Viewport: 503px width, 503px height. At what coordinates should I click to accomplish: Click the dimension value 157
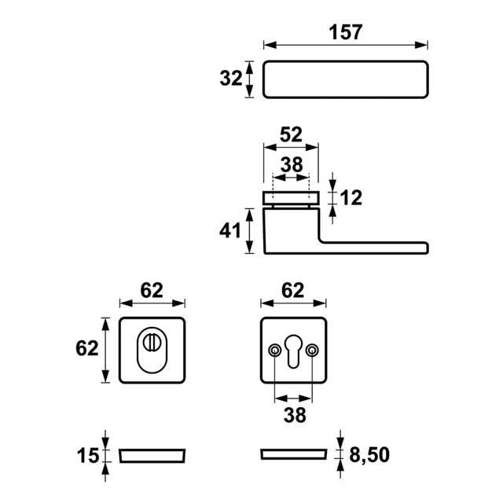coord(346,32)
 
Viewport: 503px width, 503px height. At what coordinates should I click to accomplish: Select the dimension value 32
coord(230,79)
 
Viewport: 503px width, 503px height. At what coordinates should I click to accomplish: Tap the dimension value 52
coord(291,135)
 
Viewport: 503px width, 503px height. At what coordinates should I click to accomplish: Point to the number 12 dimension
coord(351,197)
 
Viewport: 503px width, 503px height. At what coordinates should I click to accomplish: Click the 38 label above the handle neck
coord(291,164)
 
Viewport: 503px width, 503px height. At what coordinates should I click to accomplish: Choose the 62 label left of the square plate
coord(88,348)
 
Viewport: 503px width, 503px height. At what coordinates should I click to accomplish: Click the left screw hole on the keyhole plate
coord(274,350)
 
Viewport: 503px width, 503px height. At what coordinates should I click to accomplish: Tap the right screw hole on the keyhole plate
coord(313,350)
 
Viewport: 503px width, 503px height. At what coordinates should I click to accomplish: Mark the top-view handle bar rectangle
coord(346,79)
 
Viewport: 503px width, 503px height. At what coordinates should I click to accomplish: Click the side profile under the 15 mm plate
coord(153,456)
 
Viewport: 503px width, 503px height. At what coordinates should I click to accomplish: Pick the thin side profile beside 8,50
coord(292,454)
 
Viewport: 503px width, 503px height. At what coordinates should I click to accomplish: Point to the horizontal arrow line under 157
coord(346,46)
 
